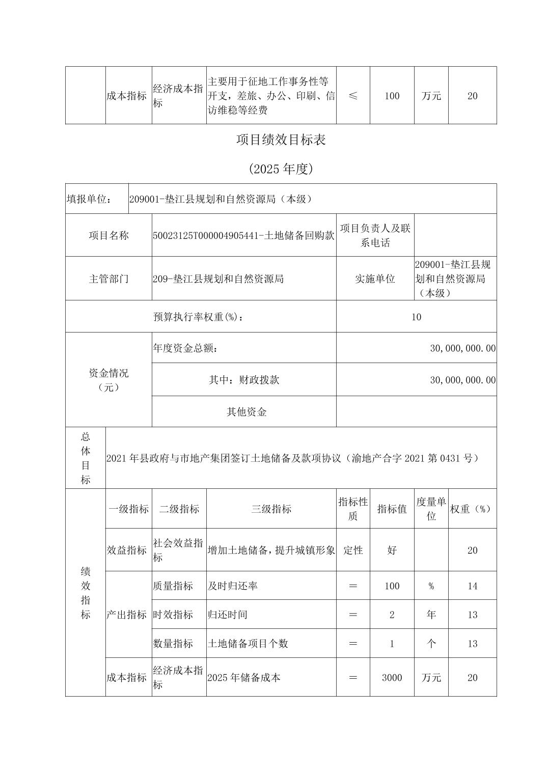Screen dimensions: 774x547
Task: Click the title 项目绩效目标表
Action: point(281,140)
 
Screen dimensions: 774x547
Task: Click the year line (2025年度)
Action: point(281,169)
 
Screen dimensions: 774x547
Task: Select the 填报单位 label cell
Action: point(89,199)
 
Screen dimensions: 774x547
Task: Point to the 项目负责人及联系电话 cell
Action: point(375,235)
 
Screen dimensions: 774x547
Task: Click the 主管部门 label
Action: point(108,279)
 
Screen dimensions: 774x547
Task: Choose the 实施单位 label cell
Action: point(375,279)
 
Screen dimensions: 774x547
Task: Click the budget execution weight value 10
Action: point(416,317)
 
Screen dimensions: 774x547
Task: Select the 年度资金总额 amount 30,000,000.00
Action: point(462,348)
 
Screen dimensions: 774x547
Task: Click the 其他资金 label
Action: point(247,412)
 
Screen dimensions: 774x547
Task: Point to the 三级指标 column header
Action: point(271,509)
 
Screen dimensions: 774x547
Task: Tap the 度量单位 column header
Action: point(431,509)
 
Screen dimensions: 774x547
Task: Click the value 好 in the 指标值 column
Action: point(392,550)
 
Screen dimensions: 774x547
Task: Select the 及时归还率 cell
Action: point(232,586)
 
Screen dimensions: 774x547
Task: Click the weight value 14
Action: point(472,586)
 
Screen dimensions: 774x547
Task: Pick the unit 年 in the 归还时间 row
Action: point(431,615)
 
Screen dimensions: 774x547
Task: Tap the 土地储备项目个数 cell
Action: point(248,644)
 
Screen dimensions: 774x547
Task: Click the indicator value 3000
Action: point(392,678)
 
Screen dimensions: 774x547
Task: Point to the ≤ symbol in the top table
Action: point(353,96)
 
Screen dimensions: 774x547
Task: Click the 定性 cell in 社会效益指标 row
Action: point(353,550)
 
